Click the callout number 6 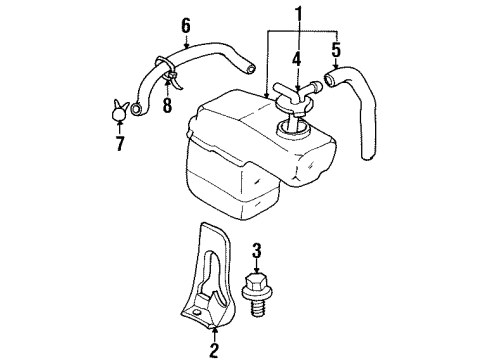point(184,26)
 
